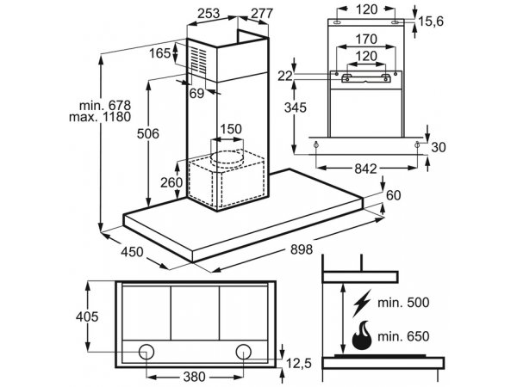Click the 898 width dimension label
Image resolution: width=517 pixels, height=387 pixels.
coord(301,249)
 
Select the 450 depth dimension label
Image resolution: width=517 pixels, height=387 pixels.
coord(132,252)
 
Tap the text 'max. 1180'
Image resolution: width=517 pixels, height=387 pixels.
coord(100,117)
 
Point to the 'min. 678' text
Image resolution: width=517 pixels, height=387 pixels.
coord(105,106)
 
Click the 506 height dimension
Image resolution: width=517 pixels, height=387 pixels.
coord(148,133)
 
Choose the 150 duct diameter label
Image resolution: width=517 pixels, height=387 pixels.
coord(231,129)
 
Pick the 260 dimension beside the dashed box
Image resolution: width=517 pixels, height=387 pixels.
coord(171,182)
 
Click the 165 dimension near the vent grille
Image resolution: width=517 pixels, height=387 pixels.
coord(160,53)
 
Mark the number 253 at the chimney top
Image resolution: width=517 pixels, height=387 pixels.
coord(209,14)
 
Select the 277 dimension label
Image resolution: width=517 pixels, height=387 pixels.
coord(262,14)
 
